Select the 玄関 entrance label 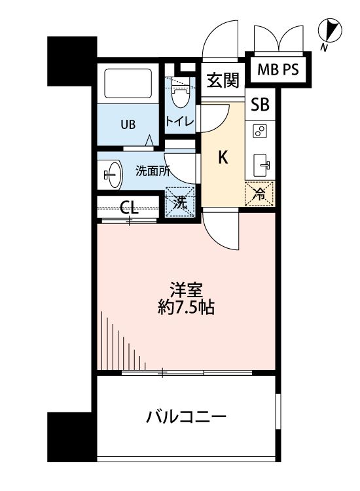pos(222,81)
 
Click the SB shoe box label pos(260,105)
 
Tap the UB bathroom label pos(128,125)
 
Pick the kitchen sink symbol pos(261,164)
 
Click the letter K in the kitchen pos(223,158)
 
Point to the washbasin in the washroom pos(112,174)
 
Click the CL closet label pos(130,209)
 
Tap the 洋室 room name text pos(186,288)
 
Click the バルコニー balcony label pos(186,416)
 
